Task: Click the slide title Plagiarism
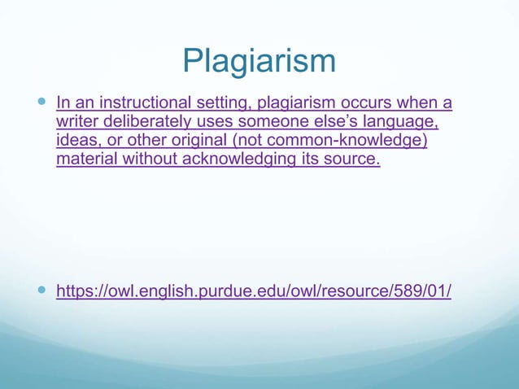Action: pos(259,60)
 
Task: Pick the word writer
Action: pos(77,122)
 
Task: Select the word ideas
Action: pos(78,141)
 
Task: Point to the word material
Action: pos(87,159)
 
